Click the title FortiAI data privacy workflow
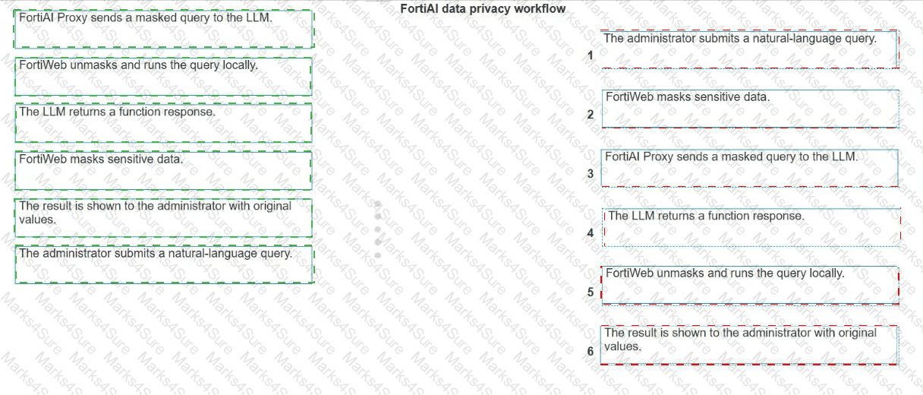click(483, 8)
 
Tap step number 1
click(590, 55)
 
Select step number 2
click(590, 114)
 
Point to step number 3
click(590, 174)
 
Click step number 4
click(590, 233)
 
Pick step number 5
click(590, 292)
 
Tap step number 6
click(590, 351)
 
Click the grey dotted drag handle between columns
click(378, 229)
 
